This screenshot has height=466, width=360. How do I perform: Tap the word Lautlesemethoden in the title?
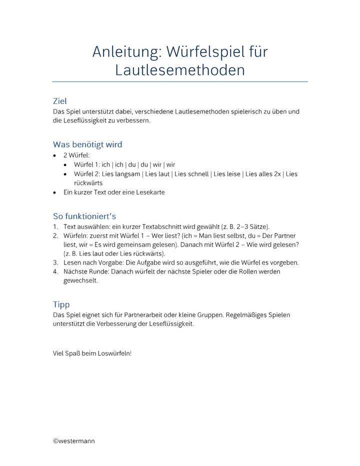(180, 70)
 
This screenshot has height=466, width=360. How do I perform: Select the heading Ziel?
(60, 101)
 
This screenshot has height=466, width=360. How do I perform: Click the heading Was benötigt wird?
(87, 144)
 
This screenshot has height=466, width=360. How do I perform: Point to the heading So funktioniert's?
(84, 216)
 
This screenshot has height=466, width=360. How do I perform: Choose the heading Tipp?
(61, 304)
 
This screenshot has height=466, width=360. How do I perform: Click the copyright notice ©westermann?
(73, 441)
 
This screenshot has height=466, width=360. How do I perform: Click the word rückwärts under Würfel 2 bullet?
(88, 183)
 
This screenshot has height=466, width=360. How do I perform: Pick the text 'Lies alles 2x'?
(263, 174)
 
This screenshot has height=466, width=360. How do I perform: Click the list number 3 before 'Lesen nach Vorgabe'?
(55, 262)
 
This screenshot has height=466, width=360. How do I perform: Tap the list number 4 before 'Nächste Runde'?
(55, 271)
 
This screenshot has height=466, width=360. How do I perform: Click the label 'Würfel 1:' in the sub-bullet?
(86, 164)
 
